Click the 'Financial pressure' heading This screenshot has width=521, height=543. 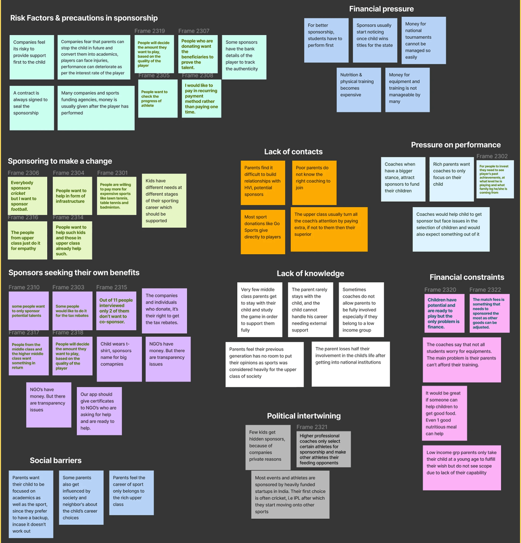381,9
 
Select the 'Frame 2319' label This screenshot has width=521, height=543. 149,31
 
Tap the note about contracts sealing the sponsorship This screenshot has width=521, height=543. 32,108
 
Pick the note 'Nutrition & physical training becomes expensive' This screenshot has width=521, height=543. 358,89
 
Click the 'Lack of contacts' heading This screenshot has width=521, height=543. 293,152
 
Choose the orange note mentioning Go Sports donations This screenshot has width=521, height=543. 262,232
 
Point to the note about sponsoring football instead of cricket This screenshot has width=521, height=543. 27,195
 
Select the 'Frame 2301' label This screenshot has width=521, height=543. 112,173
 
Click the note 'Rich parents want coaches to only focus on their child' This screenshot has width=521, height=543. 451,179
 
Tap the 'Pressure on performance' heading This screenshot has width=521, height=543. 456,145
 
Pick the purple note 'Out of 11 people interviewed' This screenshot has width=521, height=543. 116,311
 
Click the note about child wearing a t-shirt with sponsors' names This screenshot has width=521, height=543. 119,359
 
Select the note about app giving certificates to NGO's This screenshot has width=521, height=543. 99,411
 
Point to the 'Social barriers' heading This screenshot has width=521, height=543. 56,460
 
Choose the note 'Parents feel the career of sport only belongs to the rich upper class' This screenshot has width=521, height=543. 131,492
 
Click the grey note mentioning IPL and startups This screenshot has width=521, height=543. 290,495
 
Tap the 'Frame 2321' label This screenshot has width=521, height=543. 312,427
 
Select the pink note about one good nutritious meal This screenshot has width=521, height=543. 444,413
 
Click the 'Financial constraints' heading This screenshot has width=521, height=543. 467,277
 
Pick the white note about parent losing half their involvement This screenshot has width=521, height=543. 350,363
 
